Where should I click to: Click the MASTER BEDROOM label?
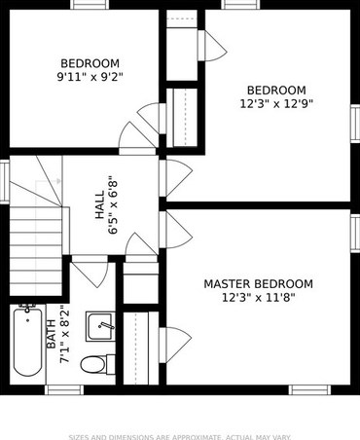258,284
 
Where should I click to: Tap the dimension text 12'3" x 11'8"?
258,298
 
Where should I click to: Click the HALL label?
100,206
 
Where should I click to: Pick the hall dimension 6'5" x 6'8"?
113,206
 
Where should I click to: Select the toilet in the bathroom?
93,365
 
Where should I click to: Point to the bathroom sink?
100,326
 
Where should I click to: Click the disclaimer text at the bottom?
179,436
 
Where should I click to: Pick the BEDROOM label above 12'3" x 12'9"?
276,90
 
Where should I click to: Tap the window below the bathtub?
64,389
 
